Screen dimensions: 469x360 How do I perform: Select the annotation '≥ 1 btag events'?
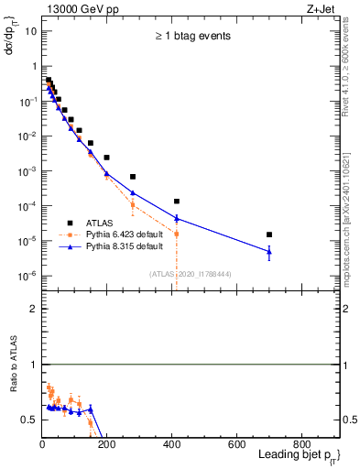tap(191, 36)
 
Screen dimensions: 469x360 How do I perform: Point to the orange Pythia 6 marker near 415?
tap(177, 234)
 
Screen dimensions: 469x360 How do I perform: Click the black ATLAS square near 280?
tap(133, 176)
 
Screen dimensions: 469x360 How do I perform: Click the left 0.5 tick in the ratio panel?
tap(27, 420)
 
